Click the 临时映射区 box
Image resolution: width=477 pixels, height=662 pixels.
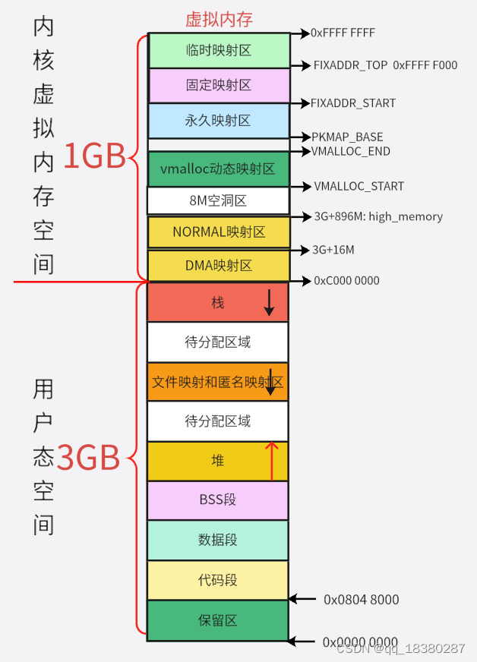[x=219, y=51]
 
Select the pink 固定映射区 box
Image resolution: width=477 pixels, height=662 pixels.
[x=219, y=85]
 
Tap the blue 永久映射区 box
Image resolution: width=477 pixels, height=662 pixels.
[x=219, y=121]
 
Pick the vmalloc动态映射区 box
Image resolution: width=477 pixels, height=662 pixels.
[x=219, y=169]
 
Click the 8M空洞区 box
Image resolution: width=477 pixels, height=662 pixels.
[x=219, y=201]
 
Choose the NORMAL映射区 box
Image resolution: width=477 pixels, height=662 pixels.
[x=219, y=232]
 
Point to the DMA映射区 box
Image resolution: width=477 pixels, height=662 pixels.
[x=219, y=266]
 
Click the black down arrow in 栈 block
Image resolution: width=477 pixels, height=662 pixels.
[x=269, y=302]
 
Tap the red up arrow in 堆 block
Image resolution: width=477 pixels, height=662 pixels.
[x=272, y=460]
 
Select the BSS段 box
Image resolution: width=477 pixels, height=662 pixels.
[x=218, y=500]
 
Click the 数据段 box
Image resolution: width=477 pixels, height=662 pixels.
[x=218, y=540]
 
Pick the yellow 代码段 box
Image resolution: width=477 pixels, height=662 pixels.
[x=218, y=580]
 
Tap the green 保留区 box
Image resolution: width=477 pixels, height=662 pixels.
[x=218, y=620]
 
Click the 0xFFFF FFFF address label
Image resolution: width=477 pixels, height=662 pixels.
[x=343, y=33]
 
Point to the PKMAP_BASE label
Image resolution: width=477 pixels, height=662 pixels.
[x=347, y=137]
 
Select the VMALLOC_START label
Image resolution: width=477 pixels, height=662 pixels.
[x=359, y=187]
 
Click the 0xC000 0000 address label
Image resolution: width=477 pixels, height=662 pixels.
[x=346, y=281]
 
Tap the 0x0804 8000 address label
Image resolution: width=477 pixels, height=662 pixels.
[x=361, y=600]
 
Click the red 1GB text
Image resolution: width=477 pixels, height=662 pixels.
[x=93, y=156]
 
